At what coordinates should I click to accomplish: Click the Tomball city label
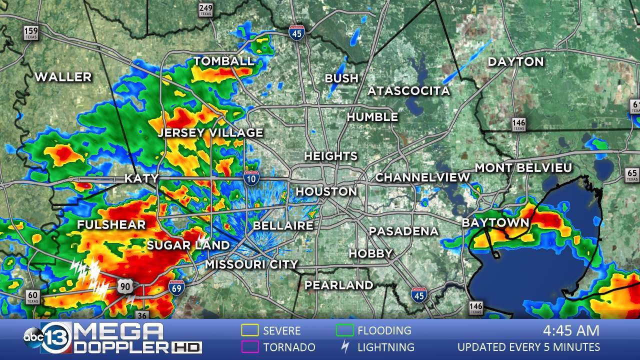pos(223,61)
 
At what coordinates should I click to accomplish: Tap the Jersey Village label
pos(210,132)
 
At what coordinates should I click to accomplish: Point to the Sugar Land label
pos(188,245)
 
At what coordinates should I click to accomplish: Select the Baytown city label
pos(495,222)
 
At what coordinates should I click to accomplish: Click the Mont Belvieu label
pos(523,168)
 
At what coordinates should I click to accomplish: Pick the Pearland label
pos(338,285)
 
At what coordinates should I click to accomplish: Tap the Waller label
pos(63,77)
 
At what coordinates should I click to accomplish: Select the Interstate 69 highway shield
pos(176,286)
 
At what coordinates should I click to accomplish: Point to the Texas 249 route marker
pos(205,9)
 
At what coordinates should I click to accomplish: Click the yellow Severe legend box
pos(249,330)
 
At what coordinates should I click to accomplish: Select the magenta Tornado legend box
pos(249,346)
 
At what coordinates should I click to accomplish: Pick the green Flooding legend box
pos(344,330)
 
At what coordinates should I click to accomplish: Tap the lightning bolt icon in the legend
pos(344,346)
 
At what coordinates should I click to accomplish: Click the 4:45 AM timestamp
pos(571,330)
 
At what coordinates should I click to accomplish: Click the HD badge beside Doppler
pos(186,347)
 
